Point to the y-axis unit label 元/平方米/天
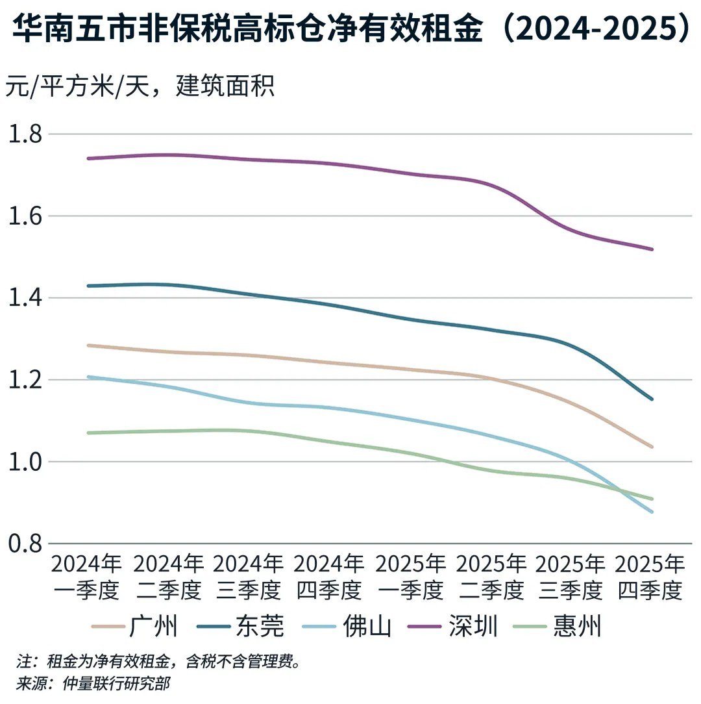point(140,86)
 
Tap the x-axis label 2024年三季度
point(249,577)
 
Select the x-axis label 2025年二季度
point(491,577)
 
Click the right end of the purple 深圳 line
point(652,249)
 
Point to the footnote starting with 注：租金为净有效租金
point(159,662)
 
